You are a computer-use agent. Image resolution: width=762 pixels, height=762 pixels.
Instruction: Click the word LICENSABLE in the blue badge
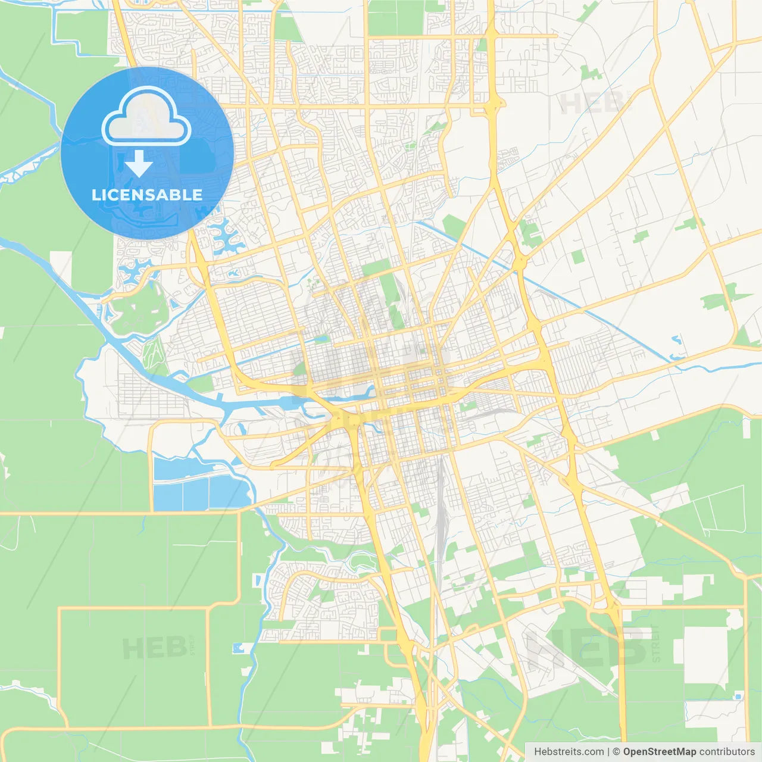(x=147, y=195)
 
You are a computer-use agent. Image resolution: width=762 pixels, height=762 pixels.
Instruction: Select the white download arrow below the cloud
(x=139, y=163)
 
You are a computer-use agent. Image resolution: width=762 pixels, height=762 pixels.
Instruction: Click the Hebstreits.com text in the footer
(x=569, y=752)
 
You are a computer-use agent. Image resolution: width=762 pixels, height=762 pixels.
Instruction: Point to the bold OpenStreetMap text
(x=659, y=752)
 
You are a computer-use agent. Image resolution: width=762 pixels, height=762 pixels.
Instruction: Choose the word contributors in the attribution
(x=726, y=752)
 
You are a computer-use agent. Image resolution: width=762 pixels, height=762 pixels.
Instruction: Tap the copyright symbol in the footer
(x=617, y=752)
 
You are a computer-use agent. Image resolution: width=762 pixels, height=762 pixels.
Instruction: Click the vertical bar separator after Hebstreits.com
(x=608, y=752)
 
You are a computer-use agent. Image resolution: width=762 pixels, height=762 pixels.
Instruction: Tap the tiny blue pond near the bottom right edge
(x=738, y=696)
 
